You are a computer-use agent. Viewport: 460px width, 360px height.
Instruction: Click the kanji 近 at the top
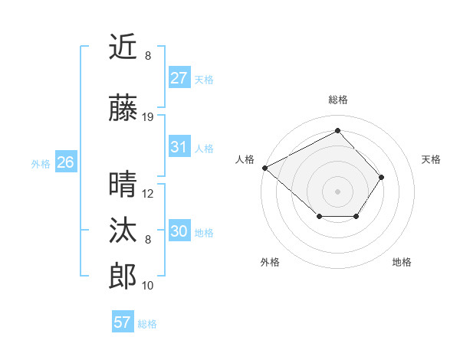coord(123,47)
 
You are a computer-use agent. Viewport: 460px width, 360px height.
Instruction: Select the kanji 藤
coord(123,108)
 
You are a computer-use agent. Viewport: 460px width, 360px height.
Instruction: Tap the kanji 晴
coord(123,185)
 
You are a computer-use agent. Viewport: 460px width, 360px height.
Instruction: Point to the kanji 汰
coord(123,231)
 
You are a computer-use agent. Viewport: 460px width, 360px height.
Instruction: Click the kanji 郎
coord(123,277)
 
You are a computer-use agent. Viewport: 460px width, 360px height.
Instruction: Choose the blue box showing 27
coord(179,77)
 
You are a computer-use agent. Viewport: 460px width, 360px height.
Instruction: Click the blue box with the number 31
coord(179,147)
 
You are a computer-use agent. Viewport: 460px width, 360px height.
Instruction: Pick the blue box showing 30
coord(179,231)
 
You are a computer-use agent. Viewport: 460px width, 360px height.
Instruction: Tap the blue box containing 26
coord(65,162)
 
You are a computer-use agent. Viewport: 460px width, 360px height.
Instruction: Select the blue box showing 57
coord(123,322)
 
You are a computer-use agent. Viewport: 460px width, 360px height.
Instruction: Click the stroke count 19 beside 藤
coord(148,117)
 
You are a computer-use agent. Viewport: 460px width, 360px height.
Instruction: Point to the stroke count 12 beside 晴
coord(148,194)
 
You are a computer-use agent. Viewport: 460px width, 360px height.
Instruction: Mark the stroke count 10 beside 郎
coord(148,286)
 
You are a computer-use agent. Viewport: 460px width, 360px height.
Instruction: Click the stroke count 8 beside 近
coord(148,56)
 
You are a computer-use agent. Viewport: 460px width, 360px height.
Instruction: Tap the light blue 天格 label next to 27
coord(204,79)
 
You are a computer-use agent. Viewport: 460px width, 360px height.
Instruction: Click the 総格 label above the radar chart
coord(338,100)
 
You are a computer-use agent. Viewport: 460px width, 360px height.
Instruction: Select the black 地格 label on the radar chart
coord(402,262)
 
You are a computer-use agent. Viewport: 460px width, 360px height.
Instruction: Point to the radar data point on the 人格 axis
coord(264,168)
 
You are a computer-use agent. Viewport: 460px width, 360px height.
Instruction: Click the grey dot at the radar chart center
coord(338,191)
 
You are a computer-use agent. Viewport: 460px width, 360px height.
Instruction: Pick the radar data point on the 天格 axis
coord(382,177)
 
